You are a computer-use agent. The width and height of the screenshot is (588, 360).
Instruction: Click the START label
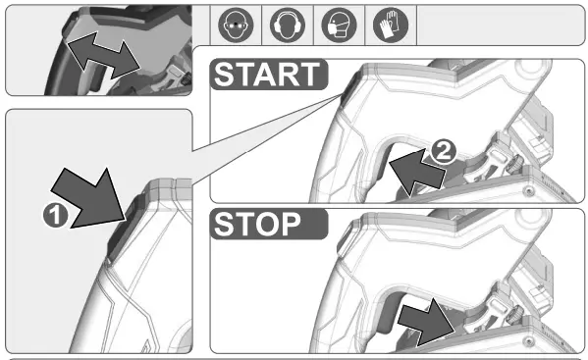coord(267,76)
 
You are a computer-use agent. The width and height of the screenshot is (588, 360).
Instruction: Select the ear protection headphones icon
coord(283,25)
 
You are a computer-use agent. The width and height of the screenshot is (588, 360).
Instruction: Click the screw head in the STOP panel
coord(529,339)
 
